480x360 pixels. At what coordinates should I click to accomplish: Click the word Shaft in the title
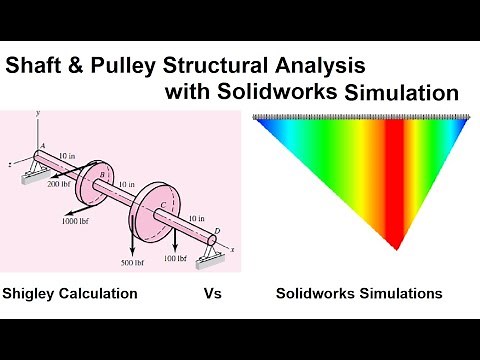coord(35,68)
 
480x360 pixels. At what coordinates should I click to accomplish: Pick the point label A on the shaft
coord(43,147)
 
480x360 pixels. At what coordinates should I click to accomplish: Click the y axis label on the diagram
coord(36,115)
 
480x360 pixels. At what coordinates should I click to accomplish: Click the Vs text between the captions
coord(212,295)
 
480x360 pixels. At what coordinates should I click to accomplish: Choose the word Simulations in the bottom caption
coord(396,295)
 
